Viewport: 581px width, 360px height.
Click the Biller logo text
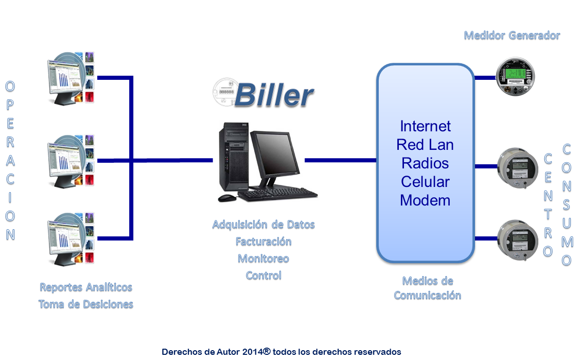point(275,95)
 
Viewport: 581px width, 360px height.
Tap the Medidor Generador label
point(512,36)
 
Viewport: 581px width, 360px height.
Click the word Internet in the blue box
point(425,126)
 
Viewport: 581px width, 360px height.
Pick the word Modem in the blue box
point(425,200)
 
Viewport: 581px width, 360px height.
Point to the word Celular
point(425,181)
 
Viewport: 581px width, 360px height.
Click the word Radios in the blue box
point(425,163)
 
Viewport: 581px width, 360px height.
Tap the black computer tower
point(232,160)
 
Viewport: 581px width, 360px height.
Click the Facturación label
point(263,242)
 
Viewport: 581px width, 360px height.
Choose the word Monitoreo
point(263,259)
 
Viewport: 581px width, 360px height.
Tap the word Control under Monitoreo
point(263,276)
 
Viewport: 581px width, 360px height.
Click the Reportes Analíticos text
point(86,287)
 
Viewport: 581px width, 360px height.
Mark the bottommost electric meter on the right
point(517,239)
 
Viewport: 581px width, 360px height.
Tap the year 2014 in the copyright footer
point(252,352)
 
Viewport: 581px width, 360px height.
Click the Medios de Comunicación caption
point(427,288)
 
